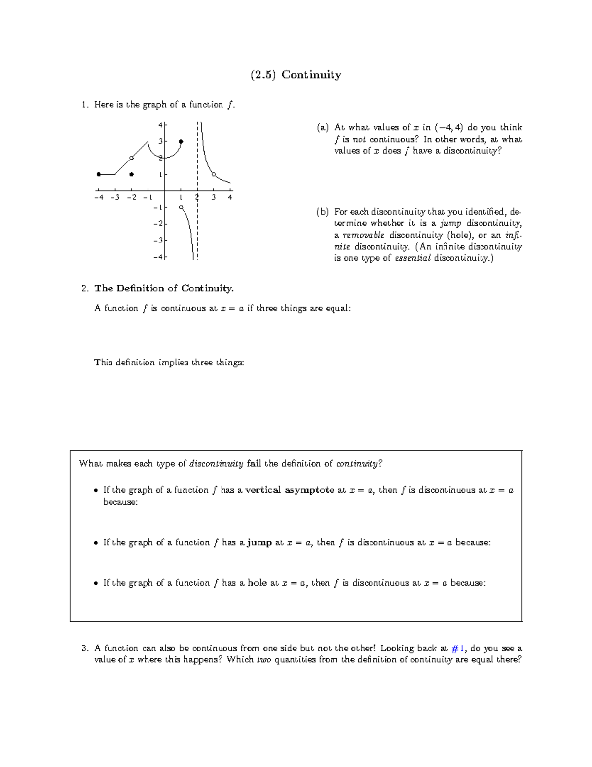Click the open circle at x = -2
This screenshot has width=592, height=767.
(x=131, y=158)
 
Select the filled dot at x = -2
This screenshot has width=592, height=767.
(x=131, y=174)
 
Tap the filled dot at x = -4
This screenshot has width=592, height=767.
(x=99, y=174)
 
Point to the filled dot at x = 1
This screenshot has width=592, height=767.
(x=181, y=142)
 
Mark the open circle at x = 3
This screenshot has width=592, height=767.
(x=214, y=174)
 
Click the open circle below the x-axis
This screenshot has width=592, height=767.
(x=181, y=207)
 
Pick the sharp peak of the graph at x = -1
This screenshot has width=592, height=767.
(x=148, y=142)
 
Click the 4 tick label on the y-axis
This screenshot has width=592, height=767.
(x=160, y=125)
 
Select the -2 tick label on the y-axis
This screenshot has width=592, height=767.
(x=158, y=224)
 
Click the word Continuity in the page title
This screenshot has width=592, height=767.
(x=311, y=75)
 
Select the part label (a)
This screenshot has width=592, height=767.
(x=322, y=128)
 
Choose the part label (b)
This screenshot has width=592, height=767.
(x=322, y=212)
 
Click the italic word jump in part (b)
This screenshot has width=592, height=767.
(x=450, y=224)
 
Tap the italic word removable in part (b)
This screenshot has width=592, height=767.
(x=363, y=235)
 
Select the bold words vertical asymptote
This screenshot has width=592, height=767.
(x=290, y=490)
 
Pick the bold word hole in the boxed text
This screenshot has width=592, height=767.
(x=257, y=583)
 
